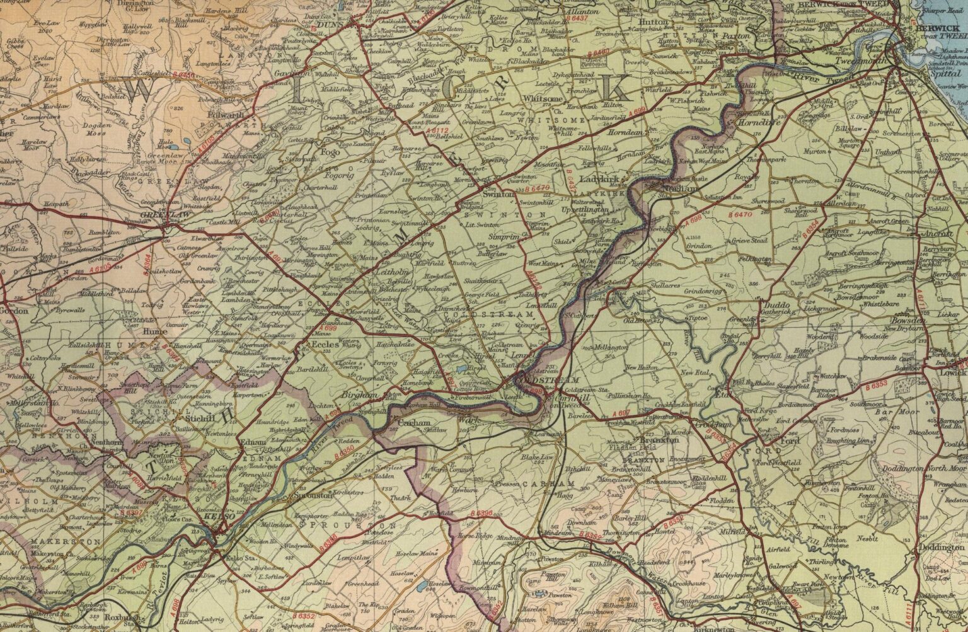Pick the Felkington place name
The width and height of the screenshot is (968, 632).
756,258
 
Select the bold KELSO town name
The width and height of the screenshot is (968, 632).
220,516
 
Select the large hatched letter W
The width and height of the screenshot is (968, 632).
143,90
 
